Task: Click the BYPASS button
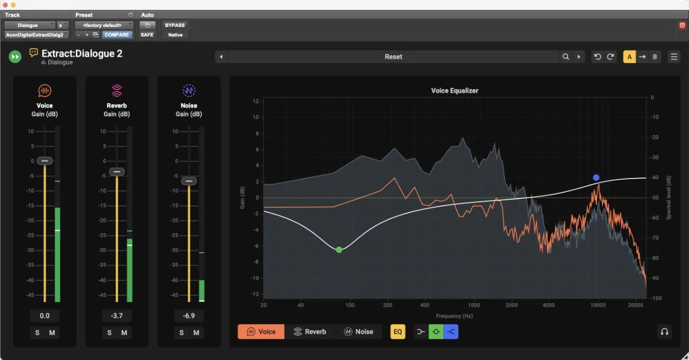[x=175, y=25]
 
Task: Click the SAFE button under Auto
[x=147, y=35]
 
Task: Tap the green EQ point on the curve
[x=339, y=250]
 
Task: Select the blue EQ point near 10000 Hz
[x=596, y=177]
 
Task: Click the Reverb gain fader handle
[x=117, y=171]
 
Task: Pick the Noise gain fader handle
[x=189, y=181]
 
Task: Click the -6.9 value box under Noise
[x=189, y=316]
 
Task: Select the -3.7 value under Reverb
[x=117, y=316]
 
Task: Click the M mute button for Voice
[x=52, y=332]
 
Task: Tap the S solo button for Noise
[x=181, y=332]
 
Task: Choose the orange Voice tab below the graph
[x=261, y=332]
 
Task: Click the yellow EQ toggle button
[x=398, y=332]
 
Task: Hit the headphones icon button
[x=664, y=332]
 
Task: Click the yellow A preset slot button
[x=629, y=57]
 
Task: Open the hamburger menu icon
[x=674, y=57]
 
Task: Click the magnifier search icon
[x=566, y=57]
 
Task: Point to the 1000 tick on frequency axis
[x=474, y=305]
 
